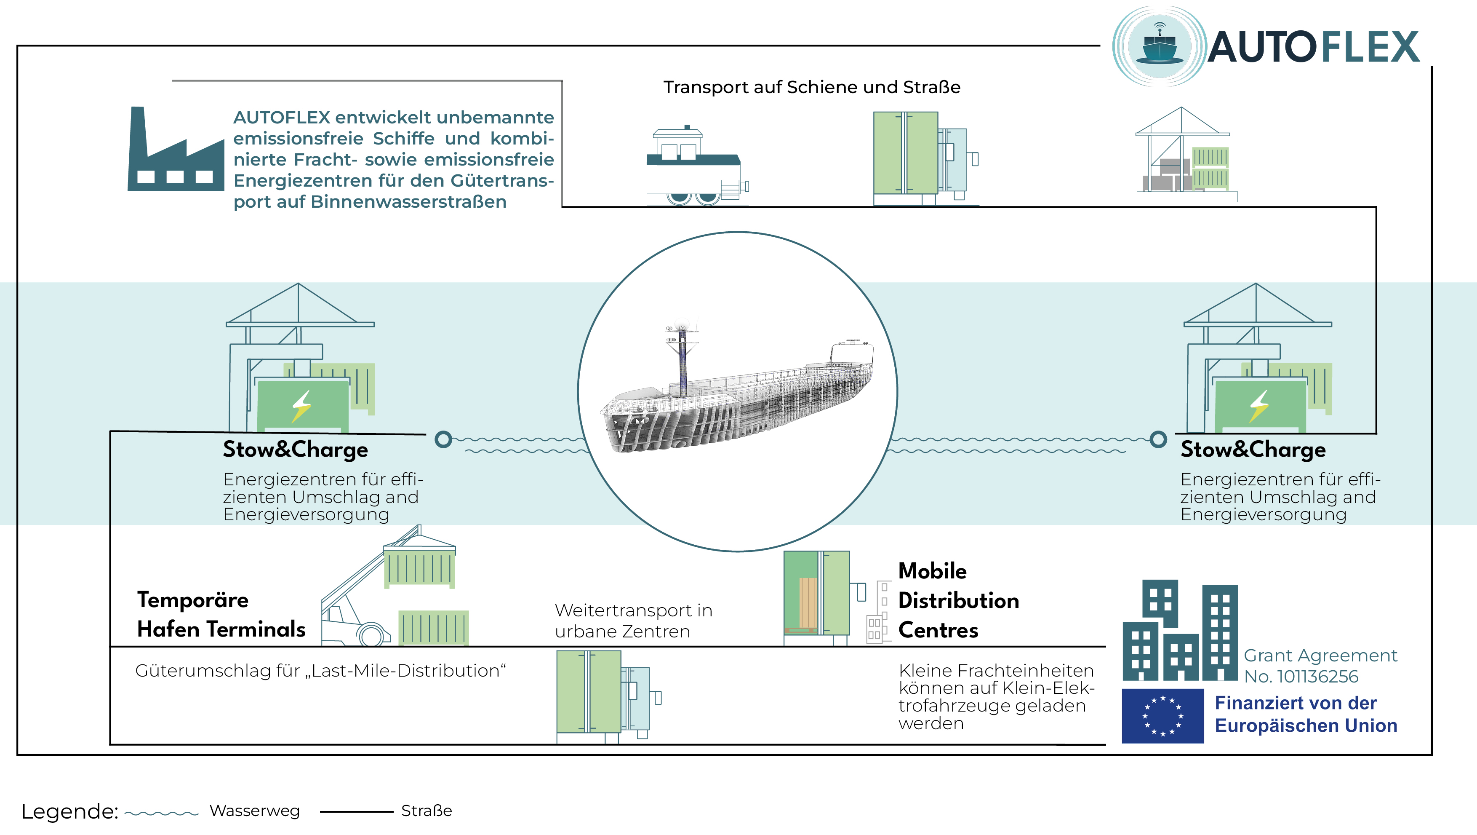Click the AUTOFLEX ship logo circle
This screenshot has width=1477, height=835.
coord(1160,46)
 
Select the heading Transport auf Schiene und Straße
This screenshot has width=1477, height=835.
coord(811,87)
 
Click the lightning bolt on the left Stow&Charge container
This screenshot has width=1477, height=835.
coord(301,406)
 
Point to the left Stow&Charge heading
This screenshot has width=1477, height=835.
coord(295,450)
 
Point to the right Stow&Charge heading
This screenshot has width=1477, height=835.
coord(1253,450)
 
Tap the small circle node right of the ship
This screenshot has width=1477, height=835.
coord(1158,439)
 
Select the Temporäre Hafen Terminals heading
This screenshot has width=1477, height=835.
coord(221,614)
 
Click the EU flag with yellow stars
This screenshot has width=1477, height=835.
coord(1162,716)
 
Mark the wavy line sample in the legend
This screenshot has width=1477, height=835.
coord(161,813)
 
